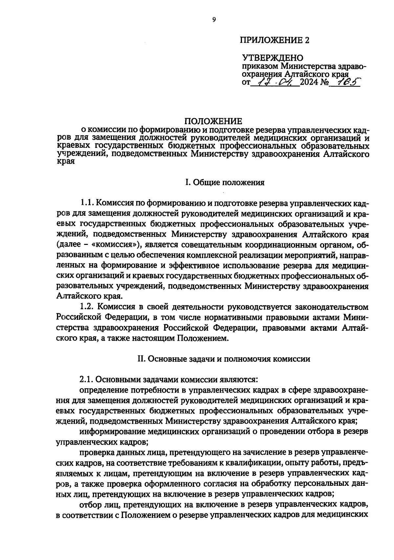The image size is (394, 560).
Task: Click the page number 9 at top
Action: (x=214, y=20)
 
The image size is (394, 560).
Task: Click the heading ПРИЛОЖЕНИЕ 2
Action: (x=275, y=40)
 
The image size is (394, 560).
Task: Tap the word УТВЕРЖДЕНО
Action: (x=273, y=59)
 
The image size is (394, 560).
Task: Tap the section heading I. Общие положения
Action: (x=225, y=183)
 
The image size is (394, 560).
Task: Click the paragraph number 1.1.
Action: (x=87, y=204)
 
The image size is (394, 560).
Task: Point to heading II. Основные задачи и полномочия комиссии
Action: (x=223, y=359)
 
